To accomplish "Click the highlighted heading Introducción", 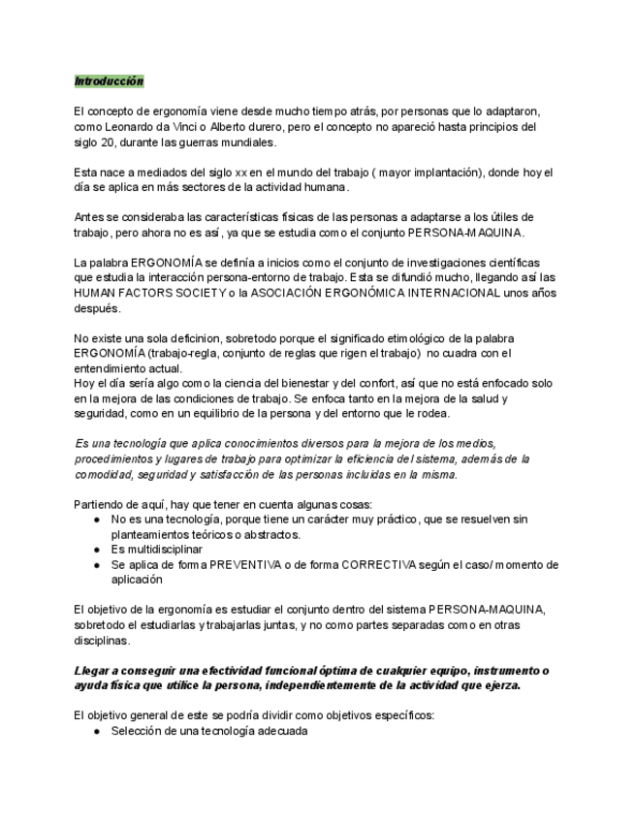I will point(109,81).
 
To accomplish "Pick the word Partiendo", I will point(101,503).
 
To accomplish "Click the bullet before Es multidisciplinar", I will point(97,550).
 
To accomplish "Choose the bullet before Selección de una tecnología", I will point(97,732).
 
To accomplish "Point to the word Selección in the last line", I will point(138,732).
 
